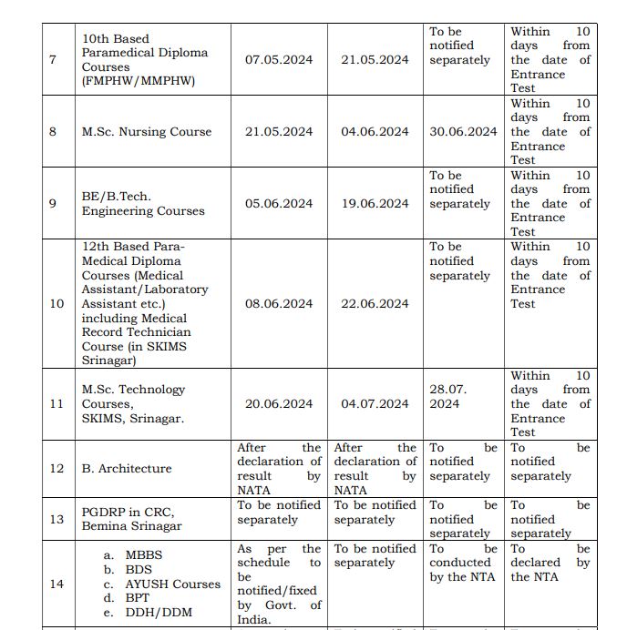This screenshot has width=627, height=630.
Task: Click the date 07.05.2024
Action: point(278,59)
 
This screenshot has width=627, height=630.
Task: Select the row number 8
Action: point(52,131)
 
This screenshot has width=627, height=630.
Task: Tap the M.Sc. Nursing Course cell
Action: point(146,131)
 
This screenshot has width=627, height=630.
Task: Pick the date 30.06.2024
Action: point(463,131)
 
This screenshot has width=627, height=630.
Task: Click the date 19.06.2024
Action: point(375,203)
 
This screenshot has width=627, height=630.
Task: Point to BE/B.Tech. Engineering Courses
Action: point(143,203)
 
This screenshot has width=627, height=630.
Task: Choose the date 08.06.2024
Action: point(278,303)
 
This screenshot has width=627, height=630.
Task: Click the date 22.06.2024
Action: point(375,303)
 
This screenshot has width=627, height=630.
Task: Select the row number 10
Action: point(56,303)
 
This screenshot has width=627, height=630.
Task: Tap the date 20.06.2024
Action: point(278,403)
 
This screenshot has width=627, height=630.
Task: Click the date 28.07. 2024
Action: point(448,396)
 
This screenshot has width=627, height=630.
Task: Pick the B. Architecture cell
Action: point(126,468)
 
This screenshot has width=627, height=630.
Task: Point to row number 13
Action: point(56,519)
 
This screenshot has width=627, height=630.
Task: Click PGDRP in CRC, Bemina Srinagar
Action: point(132,519)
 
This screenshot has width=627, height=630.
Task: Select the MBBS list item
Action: point(143,554)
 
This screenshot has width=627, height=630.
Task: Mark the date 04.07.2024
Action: point(375,403)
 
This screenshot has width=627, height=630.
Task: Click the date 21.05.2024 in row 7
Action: point(375,59)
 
